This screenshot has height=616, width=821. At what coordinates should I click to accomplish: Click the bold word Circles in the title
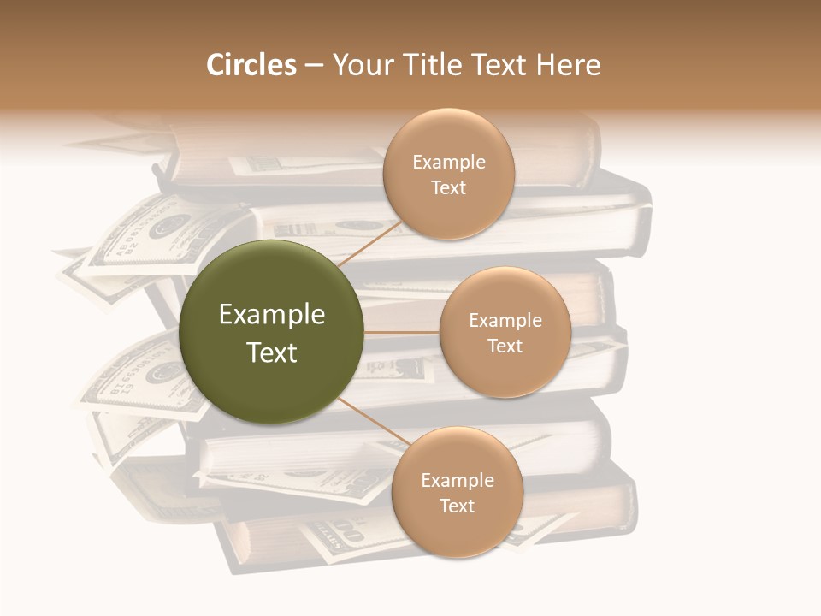pyautogui.click(x=251, y=65)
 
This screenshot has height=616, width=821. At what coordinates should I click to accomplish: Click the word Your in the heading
pyautogui.click(x=360, y=65)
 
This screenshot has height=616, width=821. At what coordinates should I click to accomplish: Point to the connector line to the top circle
pyautogui.click(x=369, y=244)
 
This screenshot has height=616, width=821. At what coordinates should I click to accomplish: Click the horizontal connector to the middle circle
pyautogui.click(x=401, y=332)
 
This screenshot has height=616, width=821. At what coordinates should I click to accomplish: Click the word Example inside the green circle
pyautogui.click(x=272, y=315)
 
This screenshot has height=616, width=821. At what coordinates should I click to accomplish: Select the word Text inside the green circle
pyautogui.click(x=272, y=352)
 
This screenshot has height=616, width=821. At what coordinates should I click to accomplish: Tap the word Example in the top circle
pyautogui.click(x=449, y=163)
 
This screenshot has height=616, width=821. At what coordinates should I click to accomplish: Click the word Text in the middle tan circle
pyautogui.click(x=505, y=346)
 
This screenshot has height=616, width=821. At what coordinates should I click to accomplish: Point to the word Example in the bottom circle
pyautogui.click(x=458, y=480)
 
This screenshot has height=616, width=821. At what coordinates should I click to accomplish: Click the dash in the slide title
pyautogui.click(x=313, y=65)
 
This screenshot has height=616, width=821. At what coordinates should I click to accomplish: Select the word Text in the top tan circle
pyautogui.click(x=449, y=187)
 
